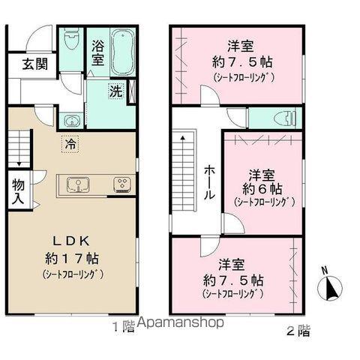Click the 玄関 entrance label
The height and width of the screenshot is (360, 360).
pos(34,64)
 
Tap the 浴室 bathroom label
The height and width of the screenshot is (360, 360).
pos(97,53)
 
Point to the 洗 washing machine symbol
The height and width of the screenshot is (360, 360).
pos(116,91)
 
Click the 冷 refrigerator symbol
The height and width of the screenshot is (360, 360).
pos(70,144)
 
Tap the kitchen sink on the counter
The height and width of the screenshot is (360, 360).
pos(78,184)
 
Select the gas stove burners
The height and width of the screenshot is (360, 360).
pos(122,184)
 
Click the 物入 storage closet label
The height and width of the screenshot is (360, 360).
pos(19,191)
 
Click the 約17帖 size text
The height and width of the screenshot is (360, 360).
pos(72,259)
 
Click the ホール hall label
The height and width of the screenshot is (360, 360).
pos(209,183)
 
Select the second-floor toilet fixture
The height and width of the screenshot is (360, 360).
pos(286,118)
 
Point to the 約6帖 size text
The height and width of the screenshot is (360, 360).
pos(262,189)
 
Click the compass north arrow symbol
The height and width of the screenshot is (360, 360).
pos(330,286)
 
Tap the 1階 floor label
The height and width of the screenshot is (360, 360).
pos(124,327)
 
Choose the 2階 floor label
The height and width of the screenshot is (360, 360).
pos(298,331)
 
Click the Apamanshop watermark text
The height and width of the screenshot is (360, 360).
pos(181,322)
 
